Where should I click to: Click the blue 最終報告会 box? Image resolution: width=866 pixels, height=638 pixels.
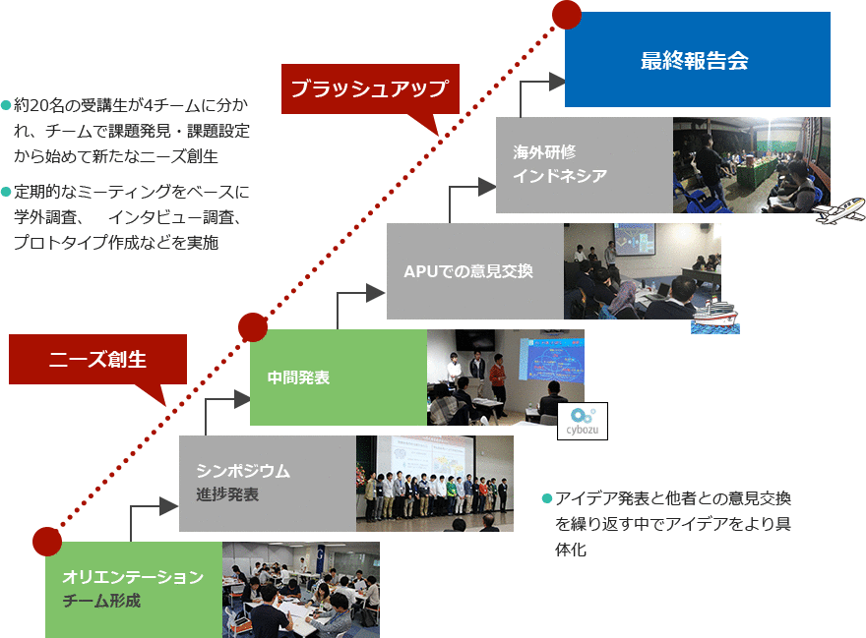click(x=697, y=60)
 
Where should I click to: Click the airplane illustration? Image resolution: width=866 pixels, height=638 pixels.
click(x=839, y=210)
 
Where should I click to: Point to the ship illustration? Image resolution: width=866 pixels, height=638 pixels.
click(x=715, y=317)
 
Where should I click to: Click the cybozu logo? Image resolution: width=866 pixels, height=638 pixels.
click(x=583, y=421)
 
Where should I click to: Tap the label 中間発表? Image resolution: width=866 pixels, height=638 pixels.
click(x=298, y=378)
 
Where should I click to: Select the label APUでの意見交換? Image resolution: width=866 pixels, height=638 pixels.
click(x=468, y=271)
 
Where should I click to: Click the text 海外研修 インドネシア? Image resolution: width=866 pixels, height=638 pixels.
click(x=560, y=164)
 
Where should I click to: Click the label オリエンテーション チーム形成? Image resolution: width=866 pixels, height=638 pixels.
click(x=133, y=588)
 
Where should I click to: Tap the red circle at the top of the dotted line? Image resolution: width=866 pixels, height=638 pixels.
click(x=567, y=15)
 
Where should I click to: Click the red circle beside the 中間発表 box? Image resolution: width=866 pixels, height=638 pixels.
click(x=253, y=327)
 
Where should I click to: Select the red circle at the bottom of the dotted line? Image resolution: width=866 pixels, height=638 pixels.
click(x=47, y=542)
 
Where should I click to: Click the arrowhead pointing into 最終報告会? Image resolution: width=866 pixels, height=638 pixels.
click(x=557, y=82)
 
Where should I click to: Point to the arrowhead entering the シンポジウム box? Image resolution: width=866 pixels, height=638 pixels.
click(x=168, y=506)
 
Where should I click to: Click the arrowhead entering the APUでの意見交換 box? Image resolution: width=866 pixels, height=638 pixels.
click(x=376, y=293)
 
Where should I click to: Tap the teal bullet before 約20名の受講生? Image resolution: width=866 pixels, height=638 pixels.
click(x=6, y=105)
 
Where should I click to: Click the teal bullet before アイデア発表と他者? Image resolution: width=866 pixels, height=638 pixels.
click(x=547, y=499)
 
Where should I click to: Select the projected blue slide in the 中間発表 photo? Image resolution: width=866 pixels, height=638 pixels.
click(x=551, y=361)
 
